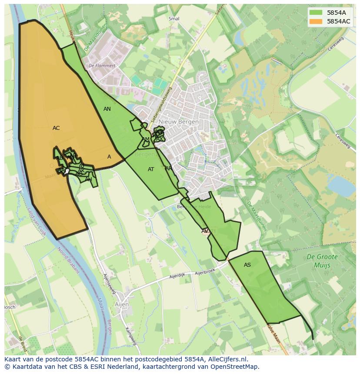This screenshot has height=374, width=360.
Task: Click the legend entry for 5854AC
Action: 338,21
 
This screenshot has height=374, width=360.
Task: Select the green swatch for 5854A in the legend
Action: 316,13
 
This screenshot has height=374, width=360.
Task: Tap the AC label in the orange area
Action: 56,128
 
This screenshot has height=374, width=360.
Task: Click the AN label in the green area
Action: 107,109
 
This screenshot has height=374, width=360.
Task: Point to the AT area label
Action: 151,169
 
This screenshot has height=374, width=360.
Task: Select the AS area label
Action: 247,265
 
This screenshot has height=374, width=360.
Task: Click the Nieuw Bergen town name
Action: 179,122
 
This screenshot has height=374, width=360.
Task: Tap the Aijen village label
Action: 122,304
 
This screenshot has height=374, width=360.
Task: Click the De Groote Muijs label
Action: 322,261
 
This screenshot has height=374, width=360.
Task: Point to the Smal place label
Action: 173,19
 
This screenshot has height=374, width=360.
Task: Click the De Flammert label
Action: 102,66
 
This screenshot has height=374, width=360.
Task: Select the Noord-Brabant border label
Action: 69,261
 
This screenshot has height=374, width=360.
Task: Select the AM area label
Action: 145,139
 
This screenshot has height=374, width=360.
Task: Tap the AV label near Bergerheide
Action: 205,231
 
